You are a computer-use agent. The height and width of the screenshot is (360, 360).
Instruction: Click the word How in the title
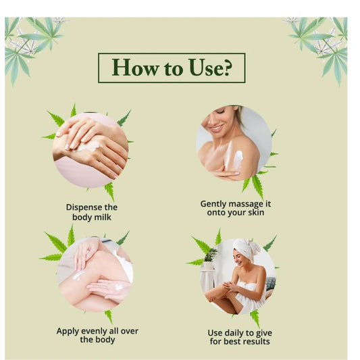point(135,68)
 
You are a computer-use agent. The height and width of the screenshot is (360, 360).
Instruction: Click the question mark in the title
point(228,68)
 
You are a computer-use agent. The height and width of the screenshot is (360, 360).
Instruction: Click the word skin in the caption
point(256,212)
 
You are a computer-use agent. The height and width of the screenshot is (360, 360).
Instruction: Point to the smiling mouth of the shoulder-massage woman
point(216,128)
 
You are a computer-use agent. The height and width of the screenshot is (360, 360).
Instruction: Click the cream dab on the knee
point(78,275)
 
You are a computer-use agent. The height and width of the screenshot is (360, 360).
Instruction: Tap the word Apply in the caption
point(68,332)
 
